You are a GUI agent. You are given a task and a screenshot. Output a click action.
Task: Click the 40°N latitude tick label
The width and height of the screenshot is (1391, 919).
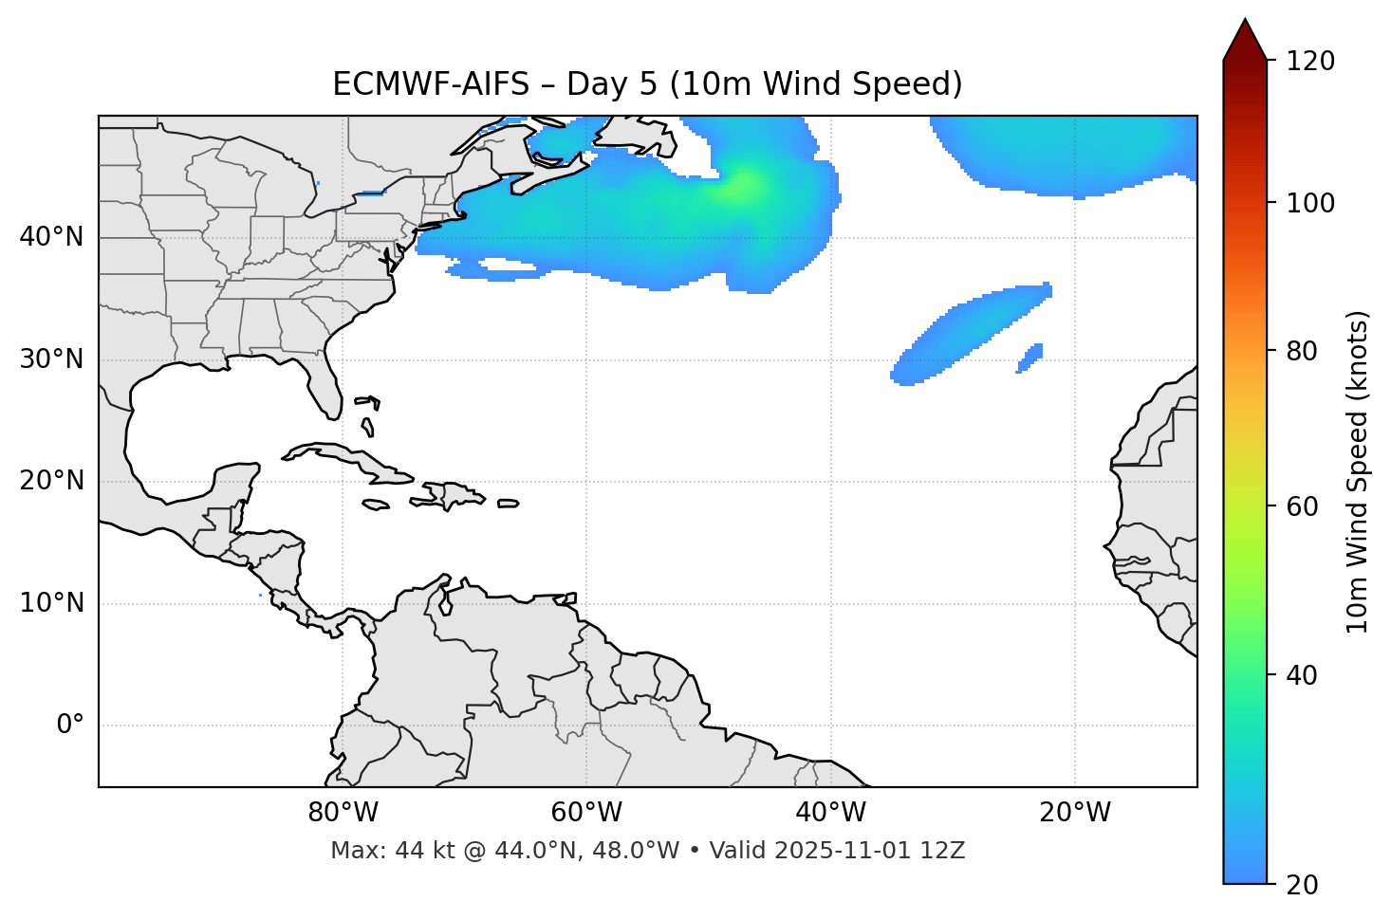(51, 237)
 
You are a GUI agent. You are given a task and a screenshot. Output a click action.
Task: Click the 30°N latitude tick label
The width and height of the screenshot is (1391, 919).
(51, 359)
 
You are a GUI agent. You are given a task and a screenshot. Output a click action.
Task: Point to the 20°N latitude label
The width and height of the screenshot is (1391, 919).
(51, 481)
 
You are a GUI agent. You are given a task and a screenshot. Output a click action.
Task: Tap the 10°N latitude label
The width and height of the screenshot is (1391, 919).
(51, 603)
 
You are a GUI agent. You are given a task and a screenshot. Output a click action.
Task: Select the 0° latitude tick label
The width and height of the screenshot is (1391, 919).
(69, 726)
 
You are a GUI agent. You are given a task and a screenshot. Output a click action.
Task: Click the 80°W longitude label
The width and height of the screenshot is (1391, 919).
(343, 813)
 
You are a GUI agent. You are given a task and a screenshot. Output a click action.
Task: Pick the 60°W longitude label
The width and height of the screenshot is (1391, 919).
(586, 813)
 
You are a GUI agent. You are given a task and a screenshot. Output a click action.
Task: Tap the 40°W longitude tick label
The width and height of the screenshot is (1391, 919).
(830, 813)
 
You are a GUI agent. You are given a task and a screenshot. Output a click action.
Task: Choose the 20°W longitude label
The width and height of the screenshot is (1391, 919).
(1074, 813)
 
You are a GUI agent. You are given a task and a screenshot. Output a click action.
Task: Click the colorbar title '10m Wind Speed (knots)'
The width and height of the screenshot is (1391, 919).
(1358, 471)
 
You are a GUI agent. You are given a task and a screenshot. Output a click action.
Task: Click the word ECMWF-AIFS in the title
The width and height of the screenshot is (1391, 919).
(430, 84)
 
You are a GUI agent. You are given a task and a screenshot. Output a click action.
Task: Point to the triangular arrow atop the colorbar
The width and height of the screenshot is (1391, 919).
(1245, 40)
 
